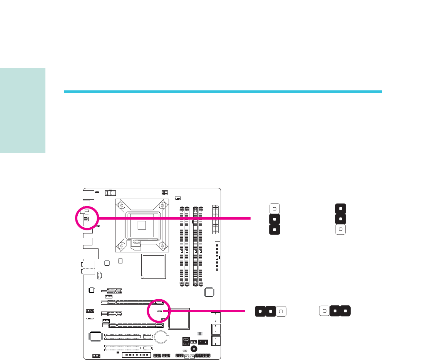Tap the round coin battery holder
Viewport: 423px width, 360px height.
pos(162,337)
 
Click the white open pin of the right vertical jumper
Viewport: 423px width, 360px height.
pos(340,230)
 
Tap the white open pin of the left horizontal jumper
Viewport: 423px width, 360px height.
pos(281,311)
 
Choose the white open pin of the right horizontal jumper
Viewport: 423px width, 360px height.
pos(325,311)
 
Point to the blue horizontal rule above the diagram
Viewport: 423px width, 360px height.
pos(222,92)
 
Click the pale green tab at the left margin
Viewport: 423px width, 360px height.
pos(23,111)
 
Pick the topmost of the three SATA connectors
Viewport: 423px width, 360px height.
pos(216,318)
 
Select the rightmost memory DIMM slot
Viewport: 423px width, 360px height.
pos(201,247)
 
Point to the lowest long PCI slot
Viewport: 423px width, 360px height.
pos(129,348)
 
